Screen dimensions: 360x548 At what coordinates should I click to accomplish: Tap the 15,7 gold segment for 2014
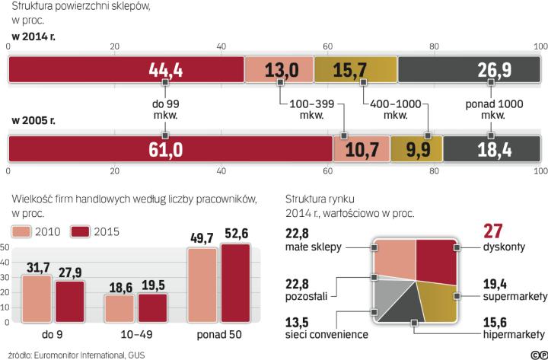click(355, 70)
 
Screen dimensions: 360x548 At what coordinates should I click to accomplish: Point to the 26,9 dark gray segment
click(467, 70)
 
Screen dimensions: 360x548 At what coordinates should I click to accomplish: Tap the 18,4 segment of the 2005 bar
click(490, 148)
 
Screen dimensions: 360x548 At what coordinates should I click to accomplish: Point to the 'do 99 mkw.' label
click(165, 110)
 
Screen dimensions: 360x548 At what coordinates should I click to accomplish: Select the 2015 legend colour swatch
click(79, 231)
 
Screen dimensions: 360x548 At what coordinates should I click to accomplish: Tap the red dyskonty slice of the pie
click(435, 263)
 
